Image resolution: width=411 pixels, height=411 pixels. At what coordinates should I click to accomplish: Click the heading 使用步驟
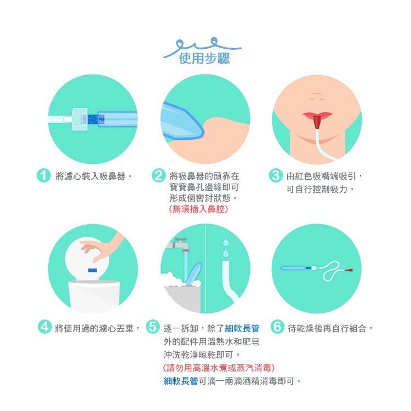(x=204, y=58)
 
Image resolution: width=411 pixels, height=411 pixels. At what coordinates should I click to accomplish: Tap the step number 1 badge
(x=43, y=175)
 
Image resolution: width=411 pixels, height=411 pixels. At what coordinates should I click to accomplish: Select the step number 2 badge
(x=158, y=175)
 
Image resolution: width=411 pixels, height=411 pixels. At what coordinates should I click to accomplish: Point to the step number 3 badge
(x=276, y=175)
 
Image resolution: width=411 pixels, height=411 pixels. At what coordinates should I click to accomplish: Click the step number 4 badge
(x=44, y=327)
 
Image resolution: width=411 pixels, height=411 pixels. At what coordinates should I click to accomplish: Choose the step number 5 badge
(x=152, y=327)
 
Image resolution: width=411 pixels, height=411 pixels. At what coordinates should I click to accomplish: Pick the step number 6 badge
(x=277, y=327)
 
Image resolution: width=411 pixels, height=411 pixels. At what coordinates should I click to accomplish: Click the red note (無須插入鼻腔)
(x=198, y=209)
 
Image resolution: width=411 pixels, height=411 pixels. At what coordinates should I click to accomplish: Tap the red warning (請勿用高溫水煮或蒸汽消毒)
(x=219, y=368)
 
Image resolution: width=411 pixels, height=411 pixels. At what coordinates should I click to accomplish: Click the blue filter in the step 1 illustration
(x=93, y=119)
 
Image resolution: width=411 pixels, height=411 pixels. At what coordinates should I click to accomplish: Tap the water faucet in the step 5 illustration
(x=178, y=245)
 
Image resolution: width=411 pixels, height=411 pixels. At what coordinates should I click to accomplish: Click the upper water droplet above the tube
(x=225, y=242)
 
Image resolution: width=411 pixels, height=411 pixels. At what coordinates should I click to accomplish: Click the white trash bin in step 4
(x=94, y=296)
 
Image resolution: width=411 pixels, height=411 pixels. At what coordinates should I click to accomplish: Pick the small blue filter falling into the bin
(x=93, y=270)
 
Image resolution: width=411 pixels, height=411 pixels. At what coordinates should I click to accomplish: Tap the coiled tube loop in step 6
(x=331, y=271)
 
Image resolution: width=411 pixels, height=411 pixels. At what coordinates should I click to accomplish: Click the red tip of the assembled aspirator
(x=349, y=270)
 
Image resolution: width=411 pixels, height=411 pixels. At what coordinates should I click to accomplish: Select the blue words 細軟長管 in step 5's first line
(x=242, y=328)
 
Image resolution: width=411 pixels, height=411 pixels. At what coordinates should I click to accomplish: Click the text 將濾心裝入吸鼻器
(x=90, y=176)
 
